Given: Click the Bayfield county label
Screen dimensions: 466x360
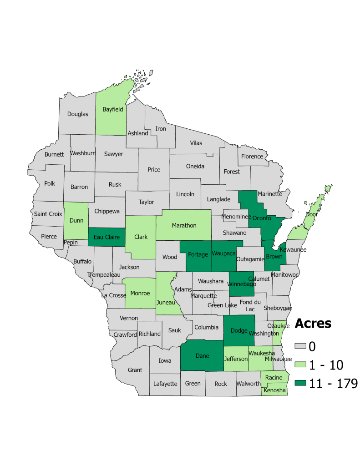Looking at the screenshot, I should (x=113, y=109).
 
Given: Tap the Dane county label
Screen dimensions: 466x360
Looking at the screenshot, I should (x=202, y=355).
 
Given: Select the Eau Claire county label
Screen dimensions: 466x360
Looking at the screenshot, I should (x=106, y=237).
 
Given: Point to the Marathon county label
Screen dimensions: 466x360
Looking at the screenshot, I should (x=184, y=225).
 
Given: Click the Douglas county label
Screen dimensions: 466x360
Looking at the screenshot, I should (x=78, y=114).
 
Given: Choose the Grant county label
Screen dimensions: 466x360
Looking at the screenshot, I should (x=135, y=370).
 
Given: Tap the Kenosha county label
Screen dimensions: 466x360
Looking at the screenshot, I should (x=275, y=390).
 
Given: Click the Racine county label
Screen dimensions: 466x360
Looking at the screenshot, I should (x=274, y=378).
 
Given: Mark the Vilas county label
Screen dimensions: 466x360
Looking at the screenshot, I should (x=196, y=143).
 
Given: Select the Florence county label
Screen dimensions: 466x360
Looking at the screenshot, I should (x=252, y=156).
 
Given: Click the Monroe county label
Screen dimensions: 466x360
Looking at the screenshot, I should (x=140, y=293).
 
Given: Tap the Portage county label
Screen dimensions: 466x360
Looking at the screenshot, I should (x=198, y=255).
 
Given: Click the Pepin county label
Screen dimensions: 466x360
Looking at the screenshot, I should (x=71, y=243).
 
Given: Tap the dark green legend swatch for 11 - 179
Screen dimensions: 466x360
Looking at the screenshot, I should (x=301, y=384).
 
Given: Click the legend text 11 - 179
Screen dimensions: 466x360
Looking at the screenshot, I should (x=334, y=384).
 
